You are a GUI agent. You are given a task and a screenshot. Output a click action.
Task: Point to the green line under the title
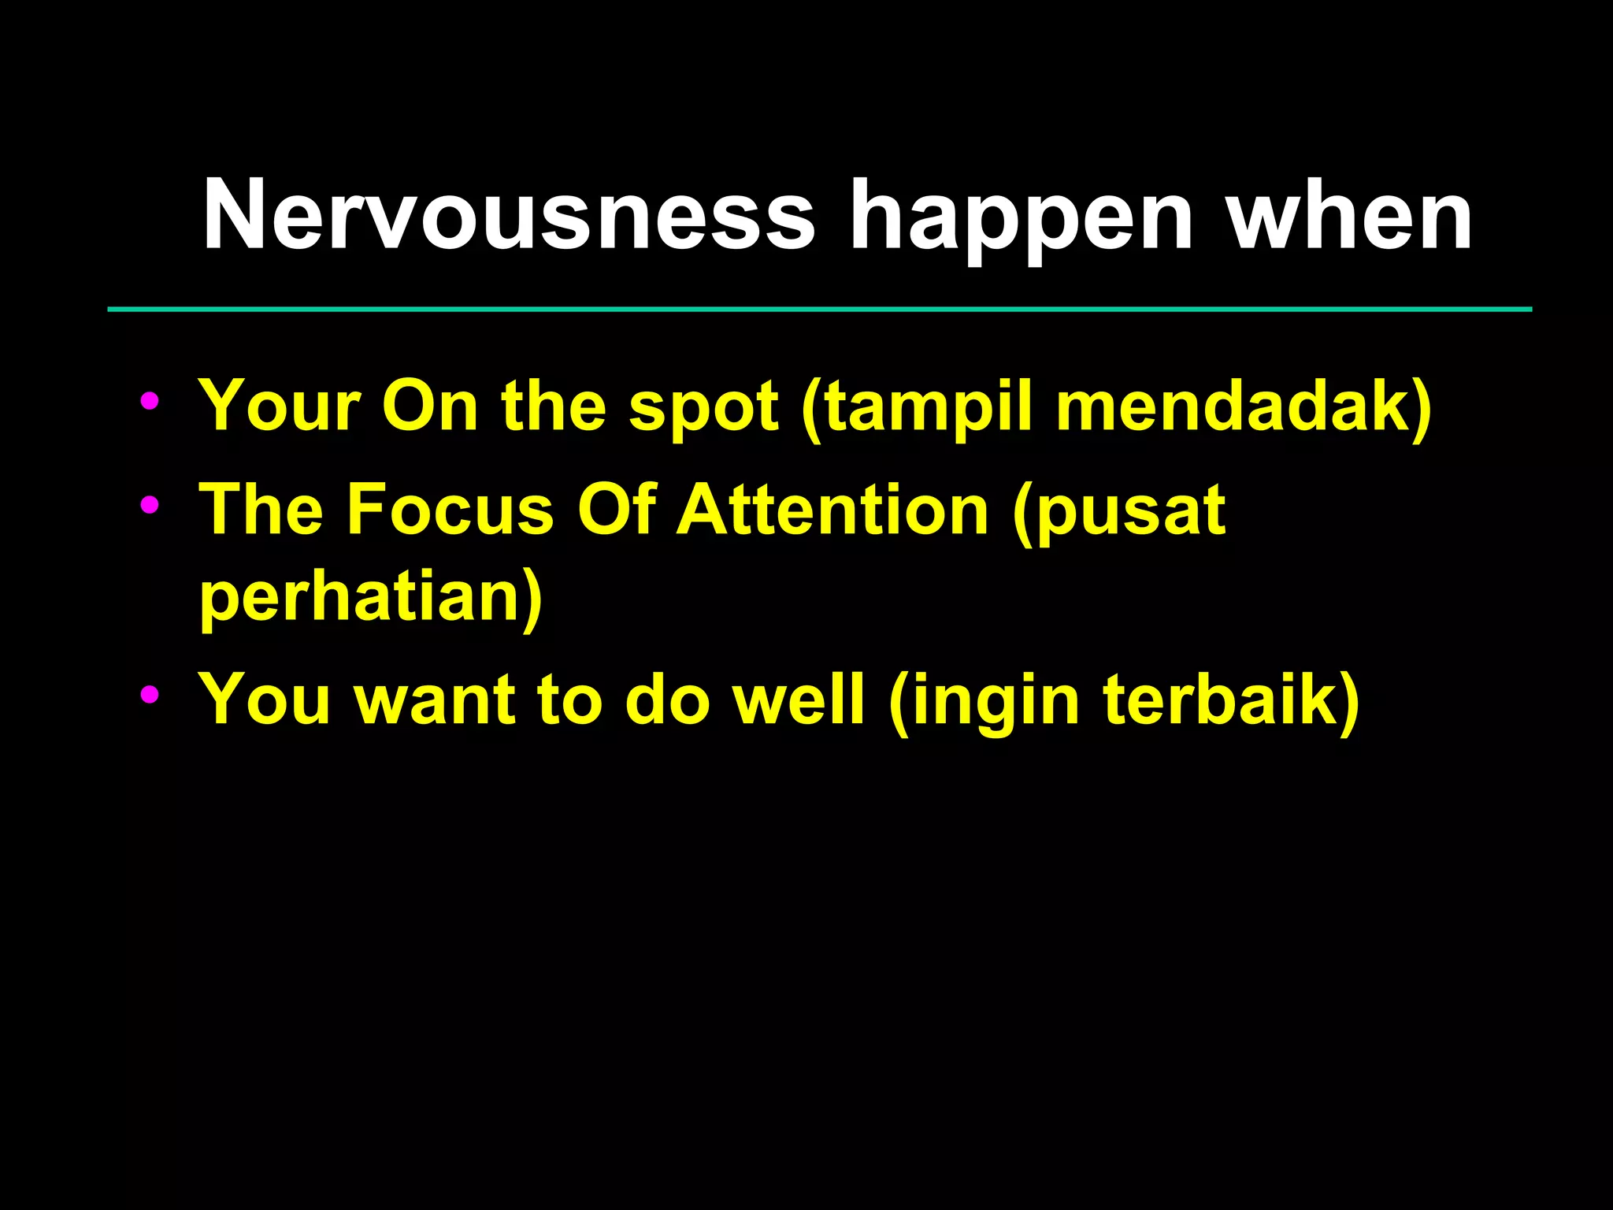pyautogui.click(x=819, y=310)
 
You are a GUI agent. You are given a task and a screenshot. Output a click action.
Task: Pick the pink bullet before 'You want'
pyautogui.click(x=149, y=694)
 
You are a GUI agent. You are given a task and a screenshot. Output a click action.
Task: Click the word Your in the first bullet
pyautogui.click(x=280, y=406)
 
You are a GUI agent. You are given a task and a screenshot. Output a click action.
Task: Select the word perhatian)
pyautogui.click(x=371, y=597)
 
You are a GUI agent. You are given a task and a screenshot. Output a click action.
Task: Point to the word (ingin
pyautogui.click(x=984, y=702)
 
